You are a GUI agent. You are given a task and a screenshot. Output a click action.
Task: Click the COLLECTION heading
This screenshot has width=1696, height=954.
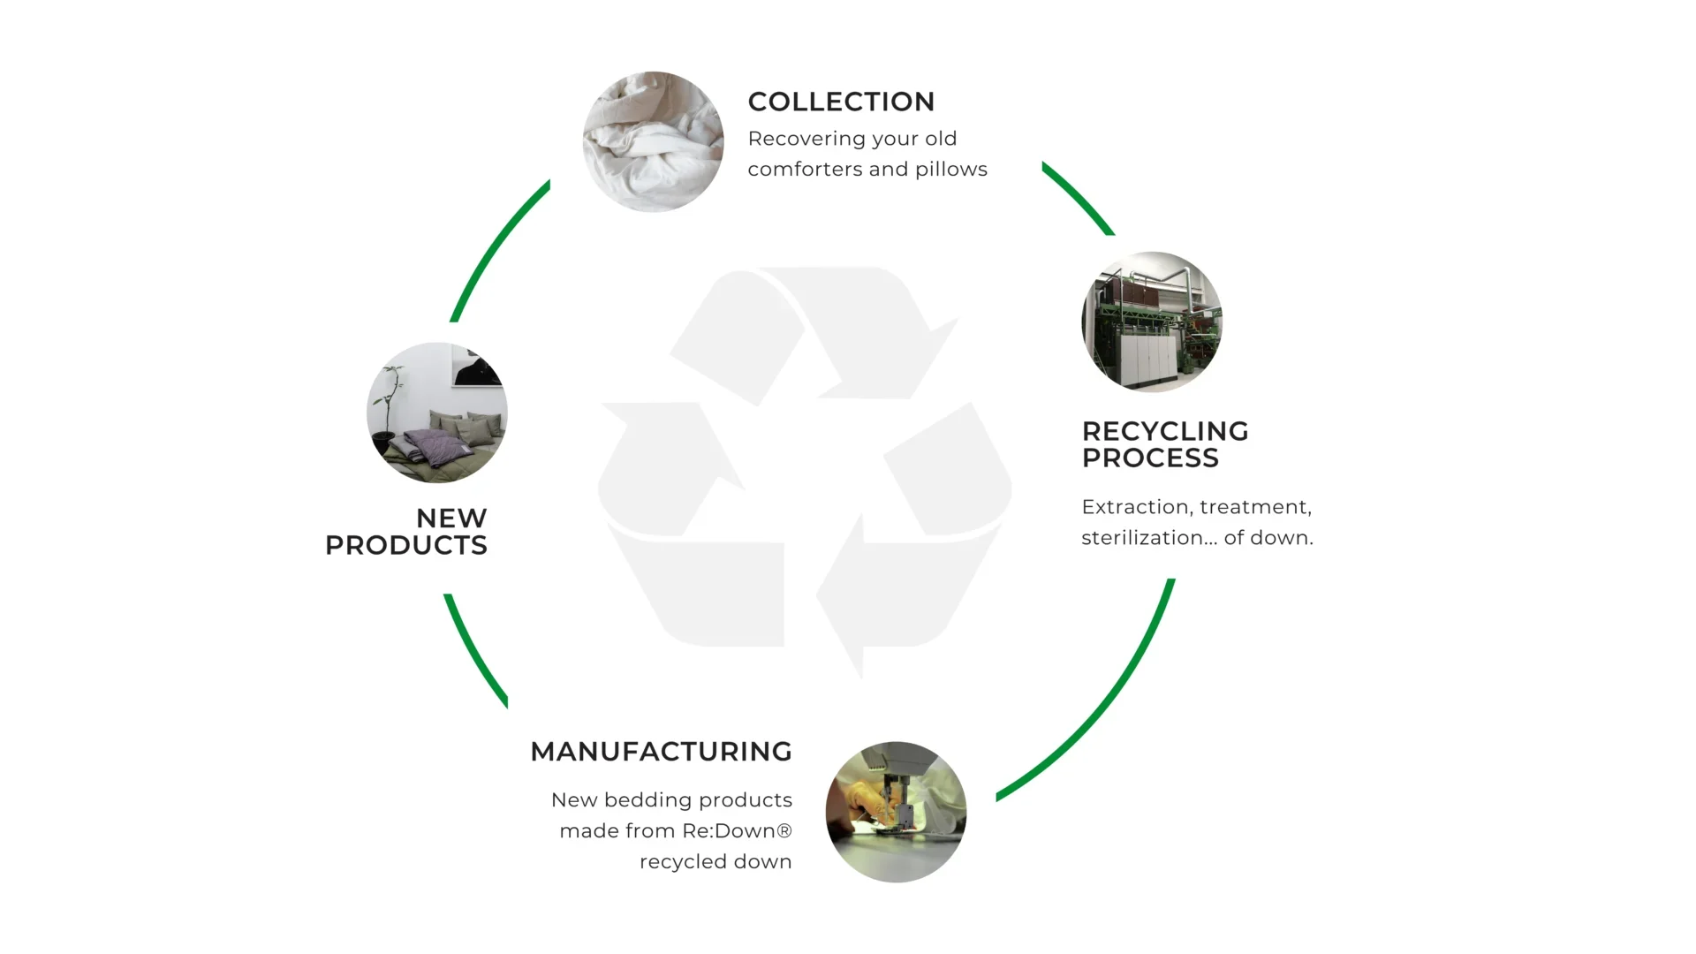(x=841, y=102)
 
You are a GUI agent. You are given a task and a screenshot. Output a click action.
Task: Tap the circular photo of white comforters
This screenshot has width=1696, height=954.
(x=653, y=141)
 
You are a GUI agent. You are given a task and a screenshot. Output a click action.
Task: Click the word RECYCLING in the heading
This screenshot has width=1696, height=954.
(x=1165, y=431)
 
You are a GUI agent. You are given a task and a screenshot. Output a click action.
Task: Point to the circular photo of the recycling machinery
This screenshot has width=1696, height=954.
(x=1152, y=322)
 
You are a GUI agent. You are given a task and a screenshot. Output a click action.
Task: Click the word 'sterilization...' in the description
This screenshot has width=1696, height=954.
(x=1147, y=537)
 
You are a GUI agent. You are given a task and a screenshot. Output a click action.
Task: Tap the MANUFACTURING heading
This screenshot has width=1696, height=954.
(x=661, y=752)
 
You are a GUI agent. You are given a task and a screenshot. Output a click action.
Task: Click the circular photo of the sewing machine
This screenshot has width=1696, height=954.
(x=896, y=812)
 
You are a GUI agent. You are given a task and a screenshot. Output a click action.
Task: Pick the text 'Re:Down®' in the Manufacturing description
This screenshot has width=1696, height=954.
(x=737, y=831)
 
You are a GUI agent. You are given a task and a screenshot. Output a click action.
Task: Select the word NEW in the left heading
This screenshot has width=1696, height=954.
(x=451, y=518)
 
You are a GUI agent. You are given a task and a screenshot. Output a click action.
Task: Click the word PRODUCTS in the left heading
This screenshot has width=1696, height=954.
(x=406, y=545)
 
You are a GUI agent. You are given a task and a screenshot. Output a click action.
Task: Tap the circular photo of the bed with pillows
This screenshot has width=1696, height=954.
(x=437, y=413)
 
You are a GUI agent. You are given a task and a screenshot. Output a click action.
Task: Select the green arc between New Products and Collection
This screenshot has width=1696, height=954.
(x=491, y=246)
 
